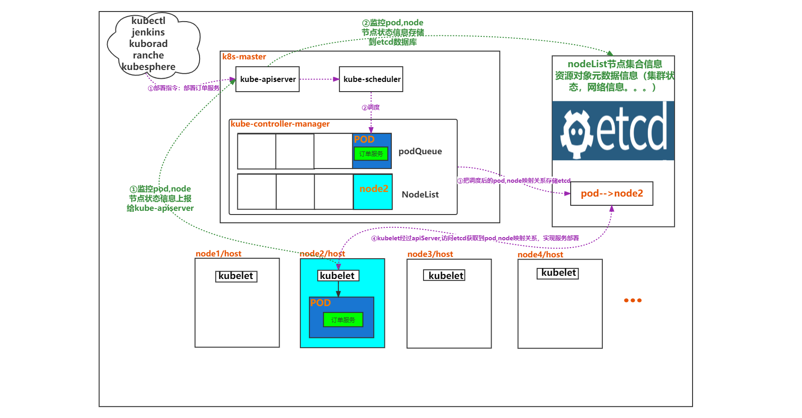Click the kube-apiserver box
[268, 79]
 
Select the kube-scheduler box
[371, 79]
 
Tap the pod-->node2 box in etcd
[612, 193]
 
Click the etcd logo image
[613, 131]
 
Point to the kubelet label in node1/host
[236, 276]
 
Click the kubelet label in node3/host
[444, 275]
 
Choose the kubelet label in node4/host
[558, 273]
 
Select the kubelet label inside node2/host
[338, 275]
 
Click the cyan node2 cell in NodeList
[373, 192]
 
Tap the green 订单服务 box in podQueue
[371, 154]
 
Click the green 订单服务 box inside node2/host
[343, 319]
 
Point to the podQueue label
[420, 151]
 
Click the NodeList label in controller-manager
[420, 195]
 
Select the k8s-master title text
[244, 57]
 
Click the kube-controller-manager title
[280, 124]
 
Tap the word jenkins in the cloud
[148, 32]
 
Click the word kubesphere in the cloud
[149, 67]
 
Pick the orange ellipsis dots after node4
[633, 300]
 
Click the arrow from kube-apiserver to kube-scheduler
[319, 79]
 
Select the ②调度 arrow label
[371, 107]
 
